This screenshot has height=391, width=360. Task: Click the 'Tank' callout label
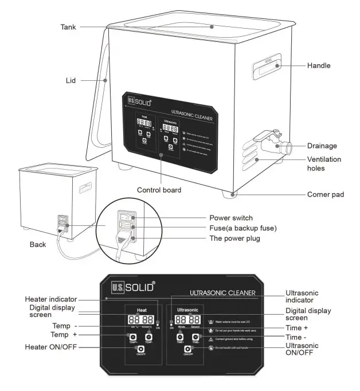click(x=69, y=26)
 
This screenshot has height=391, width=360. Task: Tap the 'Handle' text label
click(x=319, y=66)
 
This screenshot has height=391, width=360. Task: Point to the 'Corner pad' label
click(x=326, y=195)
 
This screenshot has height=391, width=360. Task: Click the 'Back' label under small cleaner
click(x=38, y=244)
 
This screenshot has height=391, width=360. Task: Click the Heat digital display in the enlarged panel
click(x=140, y=319)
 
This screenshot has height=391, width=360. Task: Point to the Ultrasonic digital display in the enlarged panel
click(x=187, y=319)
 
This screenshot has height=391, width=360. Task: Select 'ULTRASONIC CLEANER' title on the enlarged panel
click(x=222, y=294)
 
